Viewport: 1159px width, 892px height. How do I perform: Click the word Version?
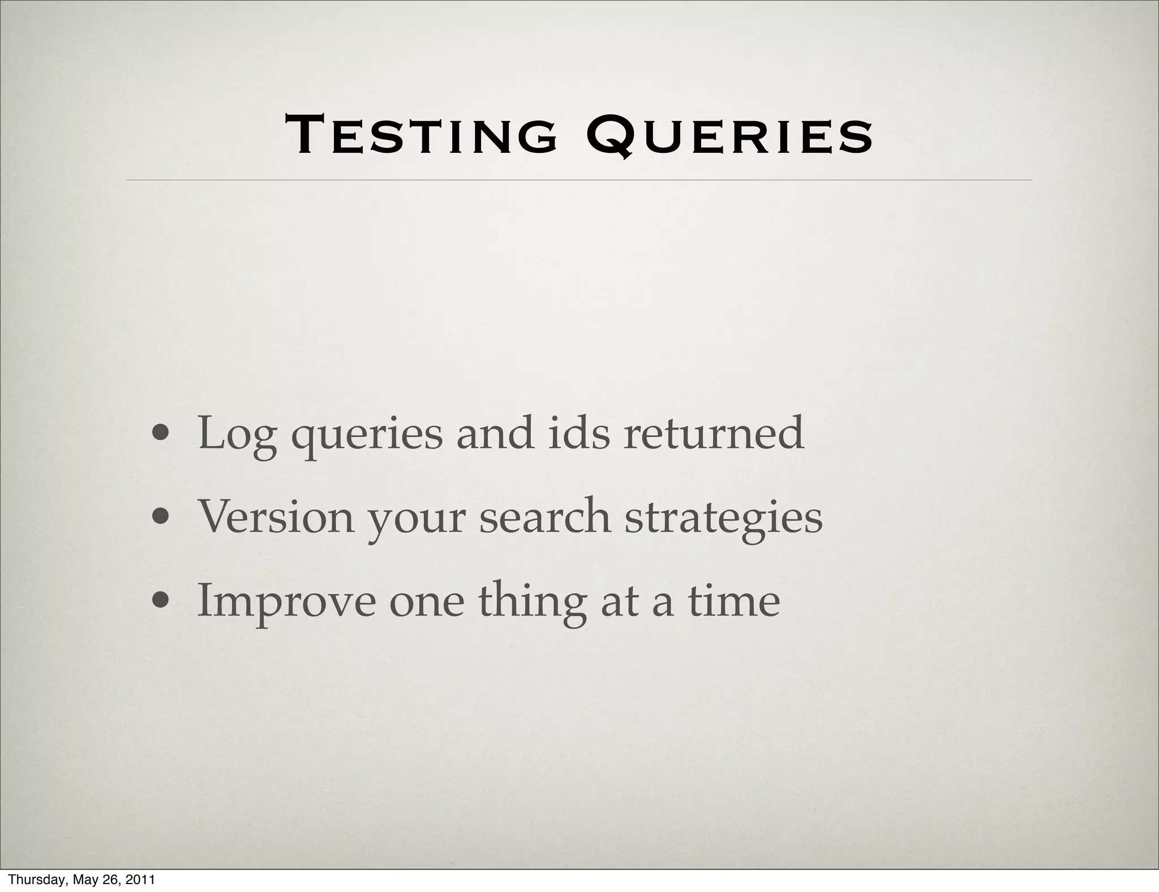[275, 517]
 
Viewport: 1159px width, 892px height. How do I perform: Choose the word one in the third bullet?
[426, 603]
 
